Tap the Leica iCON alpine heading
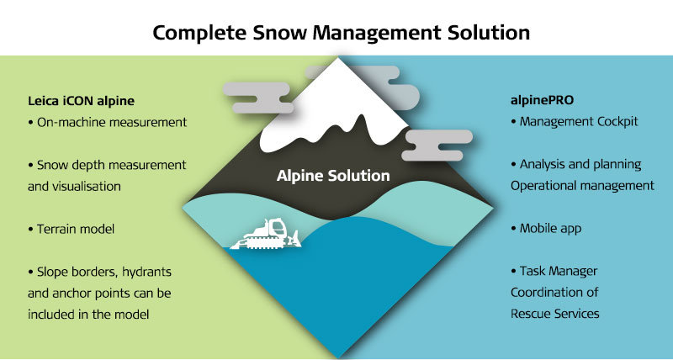(x=81, y=101)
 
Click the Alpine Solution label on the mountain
(x=333, y=176)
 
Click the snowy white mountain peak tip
(x=339, y=59)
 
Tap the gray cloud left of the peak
(x=257, y=98)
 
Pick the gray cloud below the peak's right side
(x=437, y=145)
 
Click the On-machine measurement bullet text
(x=108, y=122)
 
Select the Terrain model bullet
(x=72, y=229)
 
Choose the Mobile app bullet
(x=546, y=228)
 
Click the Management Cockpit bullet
(x=575, y=121)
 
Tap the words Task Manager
(x=559, y=271)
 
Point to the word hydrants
(x=146, y=272)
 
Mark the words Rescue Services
(x=555, y=314)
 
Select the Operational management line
(x=582, y=186)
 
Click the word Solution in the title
(x=489, y=33)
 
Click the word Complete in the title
(x=199, y=34)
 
